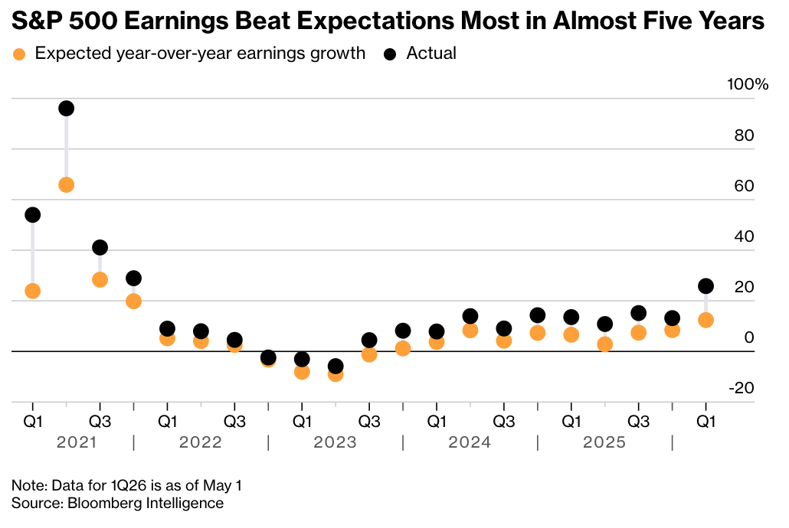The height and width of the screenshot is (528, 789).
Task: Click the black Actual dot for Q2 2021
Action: coord(67,108)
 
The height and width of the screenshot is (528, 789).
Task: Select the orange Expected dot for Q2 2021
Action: coord(67,184)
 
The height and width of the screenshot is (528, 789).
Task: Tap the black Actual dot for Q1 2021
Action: coord(33,215)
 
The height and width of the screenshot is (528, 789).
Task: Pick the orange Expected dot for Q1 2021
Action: coord(33,291)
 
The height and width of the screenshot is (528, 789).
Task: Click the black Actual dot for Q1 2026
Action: coord(706,286)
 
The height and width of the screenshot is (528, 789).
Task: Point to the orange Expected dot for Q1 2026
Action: coord(706,320)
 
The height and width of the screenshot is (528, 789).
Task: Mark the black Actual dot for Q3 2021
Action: coord(100,247)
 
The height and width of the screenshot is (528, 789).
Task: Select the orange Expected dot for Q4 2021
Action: coord(133,301)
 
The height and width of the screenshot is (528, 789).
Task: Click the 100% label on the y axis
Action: coord(748,84)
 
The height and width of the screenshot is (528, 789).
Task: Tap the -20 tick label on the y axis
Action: coord(742,388)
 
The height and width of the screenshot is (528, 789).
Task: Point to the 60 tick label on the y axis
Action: coord(745,185)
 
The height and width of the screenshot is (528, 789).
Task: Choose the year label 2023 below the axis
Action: coord(335,442)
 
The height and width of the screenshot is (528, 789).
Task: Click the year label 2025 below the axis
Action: coord(604,442)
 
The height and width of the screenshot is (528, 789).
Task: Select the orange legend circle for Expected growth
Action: coord(19,54)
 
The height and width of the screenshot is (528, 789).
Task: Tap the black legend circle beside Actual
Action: coord(390,54)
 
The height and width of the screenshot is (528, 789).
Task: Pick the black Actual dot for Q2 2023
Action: coord(335,366)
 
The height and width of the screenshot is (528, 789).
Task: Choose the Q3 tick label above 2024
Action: coord(504,421)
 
